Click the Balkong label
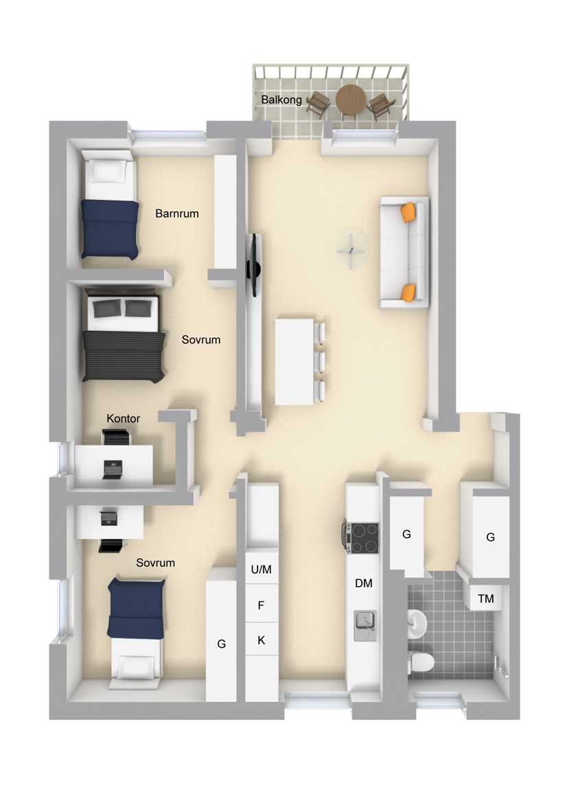pos(281,100)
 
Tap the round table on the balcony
pos(351,100)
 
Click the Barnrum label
pos(177,213)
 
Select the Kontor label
pos(124,418)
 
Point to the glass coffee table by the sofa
pos(352,248)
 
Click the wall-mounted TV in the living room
pos(253,266)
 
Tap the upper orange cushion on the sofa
pos(408,213)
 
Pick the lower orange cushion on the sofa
pos(408,292)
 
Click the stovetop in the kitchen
pos(362,538)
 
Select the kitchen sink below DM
pos(365,625)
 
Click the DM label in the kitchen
pos(364,583)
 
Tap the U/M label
pos(262,569)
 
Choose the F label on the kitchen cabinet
pos(262,605)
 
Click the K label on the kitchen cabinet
pos(262,640)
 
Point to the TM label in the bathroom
pos(485,599)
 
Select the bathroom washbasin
pos(417,623)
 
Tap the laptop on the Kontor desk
pos(113,470)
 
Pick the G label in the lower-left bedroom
pos(222,644)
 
